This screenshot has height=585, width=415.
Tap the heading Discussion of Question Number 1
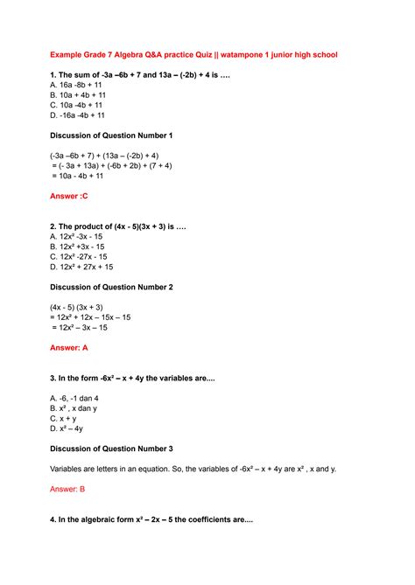[111, 136]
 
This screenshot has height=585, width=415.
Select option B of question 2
[79, 247]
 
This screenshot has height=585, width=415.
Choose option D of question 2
[81, 267]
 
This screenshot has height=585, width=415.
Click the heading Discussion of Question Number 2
[111, 287]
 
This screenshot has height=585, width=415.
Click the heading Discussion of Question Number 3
[111, 449]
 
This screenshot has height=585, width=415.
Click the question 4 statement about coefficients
[151, 519]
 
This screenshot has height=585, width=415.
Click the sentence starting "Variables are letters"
[193, 469]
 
